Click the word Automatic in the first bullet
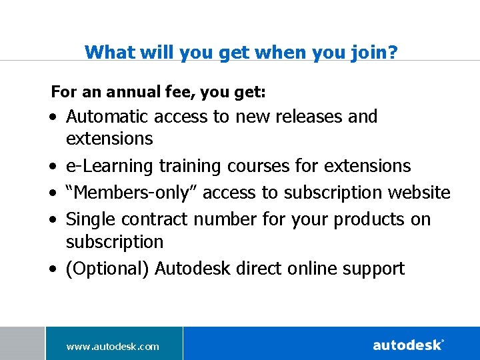click(107, 117)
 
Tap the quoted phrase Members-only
click(131, 193)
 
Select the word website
click(419, 193)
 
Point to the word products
click(368, 219)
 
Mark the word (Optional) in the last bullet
click(107, 269)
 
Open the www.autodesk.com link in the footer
click(113, 346)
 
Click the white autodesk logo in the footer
click(408, 345)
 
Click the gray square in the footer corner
click(22, 343)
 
